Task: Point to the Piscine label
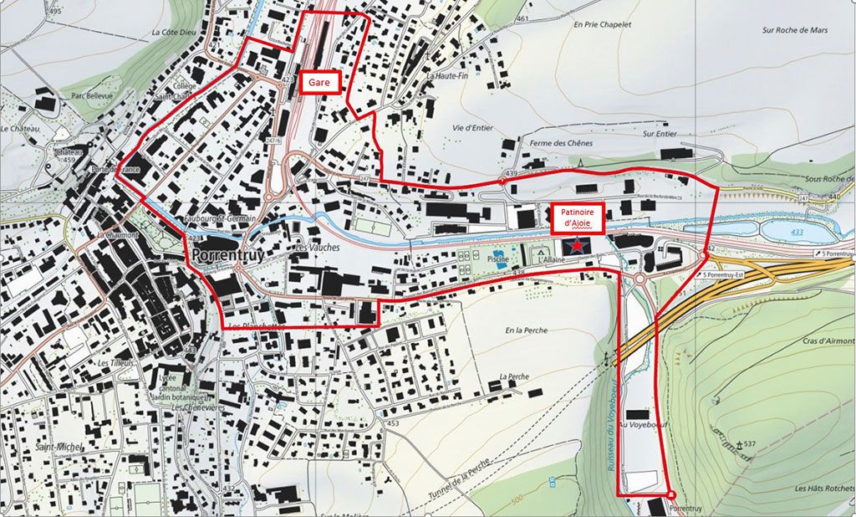[500, 259]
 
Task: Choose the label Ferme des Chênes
[560, 143]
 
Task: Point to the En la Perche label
[526, 330]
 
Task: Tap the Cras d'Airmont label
[828, 341]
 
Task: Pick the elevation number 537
[748, 443]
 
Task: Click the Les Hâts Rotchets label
[823, 489]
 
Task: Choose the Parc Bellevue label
[91, 95]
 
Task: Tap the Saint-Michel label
[59, 448]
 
